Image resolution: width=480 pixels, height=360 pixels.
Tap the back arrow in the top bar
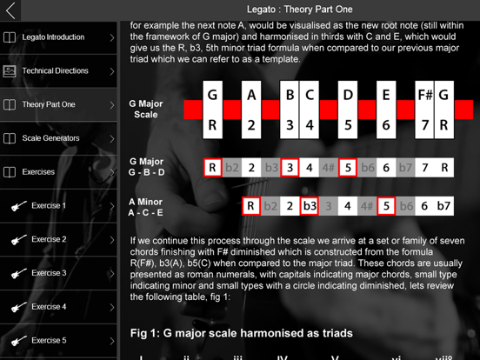pyautogui.click(x=11, y=11)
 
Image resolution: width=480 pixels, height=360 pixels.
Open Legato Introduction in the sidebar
pyautogui.click(x=53, y=37)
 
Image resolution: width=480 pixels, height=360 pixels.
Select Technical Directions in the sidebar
pyautogui.click(x=55, y=71)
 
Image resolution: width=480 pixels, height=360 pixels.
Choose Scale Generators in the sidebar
pyautogui.click(x=50, y=138)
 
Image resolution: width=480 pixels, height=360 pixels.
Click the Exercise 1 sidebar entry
pyautogui.click(x=49, y=206)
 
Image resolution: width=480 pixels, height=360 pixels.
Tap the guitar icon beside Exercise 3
pyautogui.click(x=16, y=273)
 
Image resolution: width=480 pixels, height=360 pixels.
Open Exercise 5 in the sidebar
pyautogui.click(x=49, y=341)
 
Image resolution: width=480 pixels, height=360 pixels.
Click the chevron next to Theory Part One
pyautogui.click(x=112, y=105)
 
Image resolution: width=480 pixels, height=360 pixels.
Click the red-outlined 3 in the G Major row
pyautogui.click(x=290, y=168)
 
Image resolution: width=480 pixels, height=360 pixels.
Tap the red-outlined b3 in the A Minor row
pyautogui.click(x=309, y=207)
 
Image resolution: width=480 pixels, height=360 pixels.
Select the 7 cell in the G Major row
pyautogui.click(x=425, y=168)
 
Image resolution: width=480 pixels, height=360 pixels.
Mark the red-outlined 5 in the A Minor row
pyautogui.click(x=386, y=207)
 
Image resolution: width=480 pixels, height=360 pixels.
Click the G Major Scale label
pyautogui.click(x=146, y=109)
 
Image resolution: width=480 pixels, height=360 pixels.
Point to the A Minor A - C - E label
pyautogui.click(x=146, y=207)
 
